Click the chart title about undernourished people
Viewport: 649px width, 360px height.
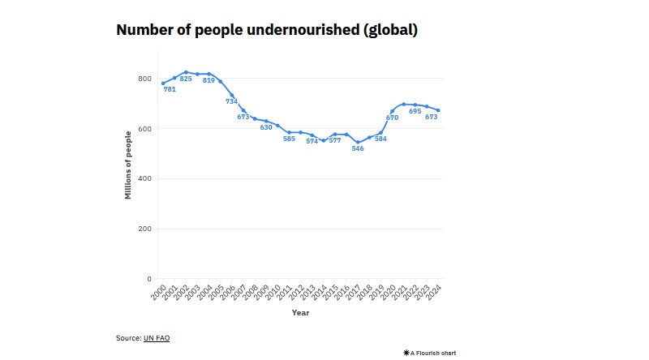click(x=267, y=31)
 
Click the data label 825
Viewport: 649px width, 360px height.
click(x=186, y=79)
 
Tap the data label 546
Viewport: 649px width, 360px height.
click(x=358, y=148)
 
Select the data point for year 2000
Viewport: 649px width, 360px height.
click(x=163, y=83)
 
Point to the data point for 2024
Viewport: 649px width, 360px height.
click(x=438, y=110)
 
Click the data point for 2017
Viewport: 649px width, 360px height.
click(x=358, y=142)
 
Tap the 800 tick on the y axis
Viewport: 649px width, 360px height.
click(x=144, y=79)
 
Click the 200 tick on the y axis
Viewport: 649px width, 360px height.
click(x=144, y=229)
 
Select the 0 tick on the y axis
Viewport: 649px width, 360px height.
click(x=148, y=279)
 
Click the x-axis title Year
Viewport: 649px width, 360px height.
click(x=300, y=313)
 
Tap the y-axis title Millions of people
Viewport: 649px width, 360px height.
click(x=128, y=165)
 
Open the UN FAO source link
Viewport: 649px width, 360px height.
click(x=157, y=337)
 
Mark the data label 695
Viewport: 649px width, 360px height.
click(x=415, y=111)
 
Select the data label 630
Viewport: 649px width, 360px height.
click(x=266, y=127)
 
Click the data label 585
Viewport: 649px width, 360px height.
click(x=289, y=139)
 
